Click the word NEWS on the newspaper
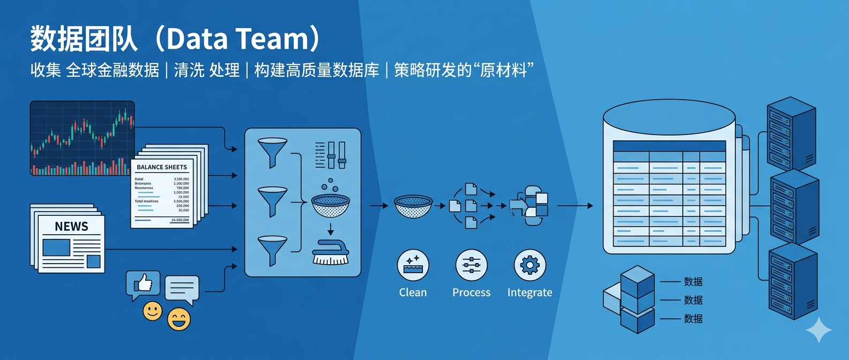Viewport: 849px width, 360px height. [x=71, y=227]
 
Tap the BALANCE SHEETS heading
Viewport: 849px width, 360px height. [x=162, y=167]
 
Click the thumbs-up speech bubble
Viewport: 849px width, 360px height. [x=143, y=284]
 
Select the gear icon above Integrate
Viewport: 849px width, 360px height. [x=530, y=265]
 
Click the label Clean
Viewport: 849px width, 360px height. [x=413, y=292]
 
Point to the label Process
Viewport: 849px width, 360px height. [x=471, y=292]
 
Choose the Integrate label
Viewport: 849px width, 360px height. [x=530, y=292]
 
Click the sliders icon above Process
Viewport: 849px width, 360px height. [x=471, y=265]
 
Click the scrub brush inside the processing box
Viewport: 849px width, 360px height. [x=331, y=253]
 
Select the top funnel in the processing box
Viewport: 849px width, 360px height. [x=272, y=152]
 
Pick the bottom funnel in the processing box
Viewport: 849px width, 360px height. [x=272, y=249]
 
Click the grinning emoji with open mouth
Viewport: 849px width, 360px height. [x=179, y=319]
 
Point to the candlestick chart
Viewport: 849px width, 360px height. [x=82, y=138]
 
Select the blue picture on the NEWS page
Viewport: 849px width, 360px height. [x=56, y=247]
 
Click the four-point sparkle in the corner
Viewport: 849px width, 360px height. [x=819, y=330]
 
